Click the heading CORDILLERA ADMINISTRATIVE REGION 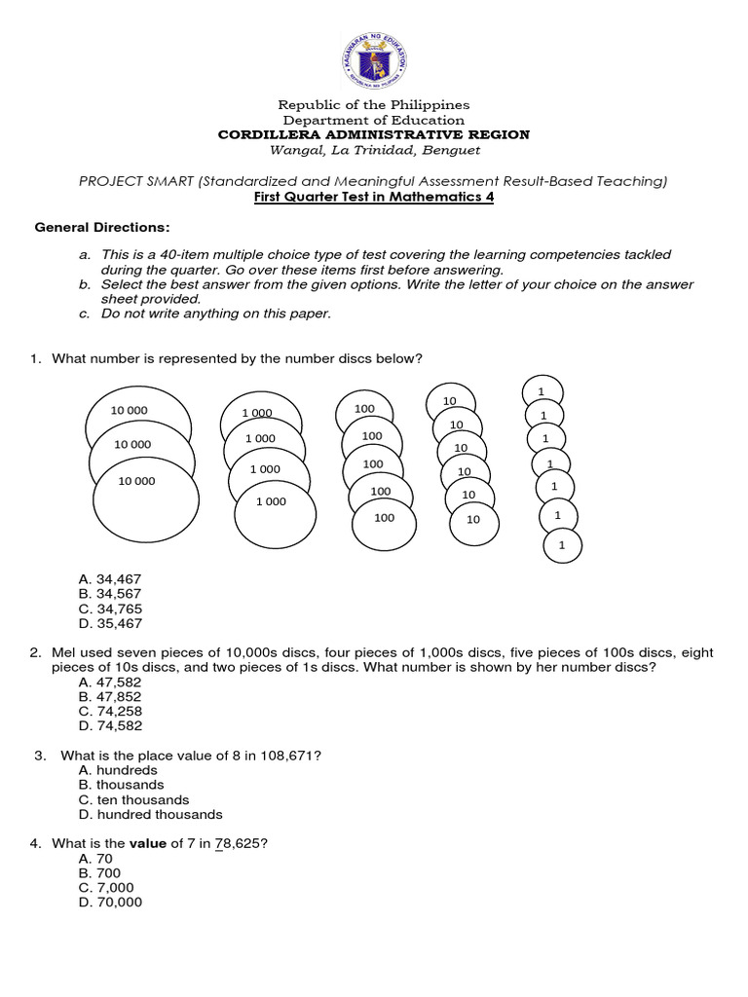pos(374,134)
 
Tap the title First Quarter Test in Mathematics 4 pos(374,197)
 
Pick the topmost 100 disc pos(364,410)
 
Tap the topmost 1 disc pos(541,392)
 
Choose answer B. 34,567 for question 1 pos(110,594)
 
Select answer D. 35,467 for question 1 pos(110,624)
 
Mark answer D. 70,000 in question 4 pos(110,903)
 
